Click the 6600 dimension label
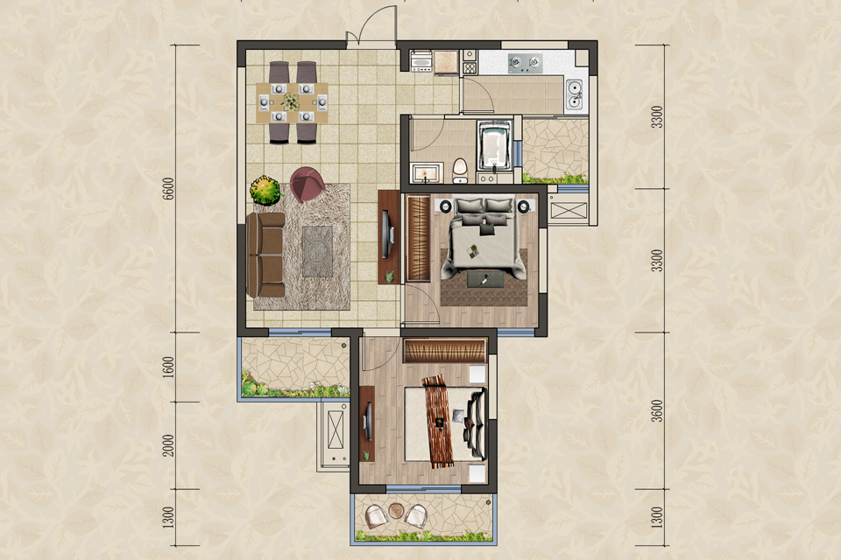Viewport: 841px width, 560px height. (x=168, y=188)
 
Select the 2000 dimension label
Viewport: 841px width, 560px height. (x=168, y=444)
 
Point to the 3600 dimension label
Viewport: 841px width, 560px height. (x=658, y=410)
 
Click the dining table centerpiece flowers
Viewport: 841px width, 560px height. (x=291, y=101)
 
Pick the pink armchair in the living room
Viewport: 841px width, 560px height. (x=307, y=184)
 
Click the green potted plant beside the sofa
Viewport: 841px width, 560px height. (x=265, y=190)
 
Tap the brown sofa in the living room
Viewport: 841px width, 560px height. (x=266, y=255)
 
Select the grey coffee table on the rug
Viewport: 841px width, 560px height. (x=317, y=251)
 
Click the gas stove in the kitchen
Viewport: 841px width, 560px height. (x=525, y=63)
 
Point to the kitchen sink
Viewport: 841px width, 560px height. (x=574, y=94)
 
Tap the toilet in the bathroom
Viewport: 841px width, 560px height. (x=460, y=170)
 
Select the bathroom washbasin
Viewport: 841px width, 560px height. (x=426, y=173)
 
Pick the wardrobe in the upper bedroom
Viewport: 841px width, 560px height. (x=419, y=239)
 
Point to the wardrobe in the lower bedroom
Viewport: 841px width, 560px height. (x=445, y=352)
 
